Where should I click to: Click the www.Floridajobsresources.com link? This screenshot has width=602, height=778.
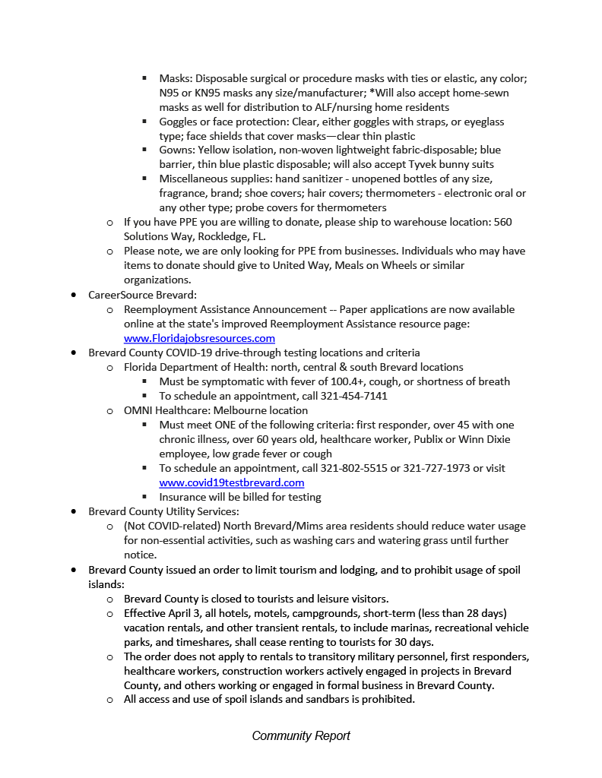click(x=199, y=338)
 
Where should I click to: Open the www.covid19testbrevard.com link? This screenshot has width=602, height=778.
click(x=231, y=482)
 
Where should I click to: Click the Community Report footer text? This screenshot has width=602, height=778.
click(x=301, y=735)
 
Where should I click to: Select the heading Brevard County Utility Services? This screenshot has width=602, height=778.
click(x=163, y=511)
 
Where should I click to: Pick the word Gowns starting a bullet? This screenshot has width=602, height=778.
click(x=176, y=150)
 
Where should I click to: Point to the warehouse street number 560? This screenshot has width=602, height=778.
click(x=503, y=223)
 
